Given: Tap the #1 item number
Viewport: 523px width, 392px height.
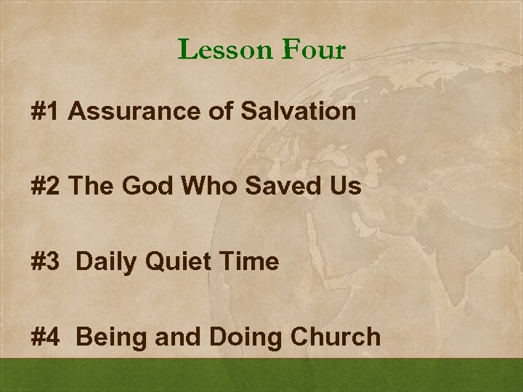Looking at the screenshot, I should [47, 112].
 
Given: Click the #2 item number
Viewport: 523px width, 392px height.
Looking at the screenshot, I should [47, 187].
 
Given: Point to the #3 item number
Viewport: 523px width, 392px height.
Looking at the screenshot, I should [47, 262].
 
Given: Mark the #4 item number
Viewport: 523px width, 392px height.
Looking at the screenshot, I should [47, 337].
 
